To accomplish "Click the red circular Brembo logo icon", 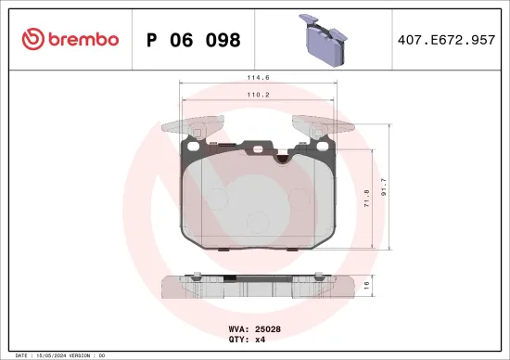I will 33,39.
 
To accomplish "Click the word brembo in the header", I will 83,39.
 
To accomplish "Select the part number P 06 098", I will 194,40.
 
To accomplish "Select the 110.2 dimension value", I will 257,94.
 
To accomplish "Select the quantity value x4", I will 261,339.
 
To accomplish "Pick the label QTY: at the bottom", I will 238,339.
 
